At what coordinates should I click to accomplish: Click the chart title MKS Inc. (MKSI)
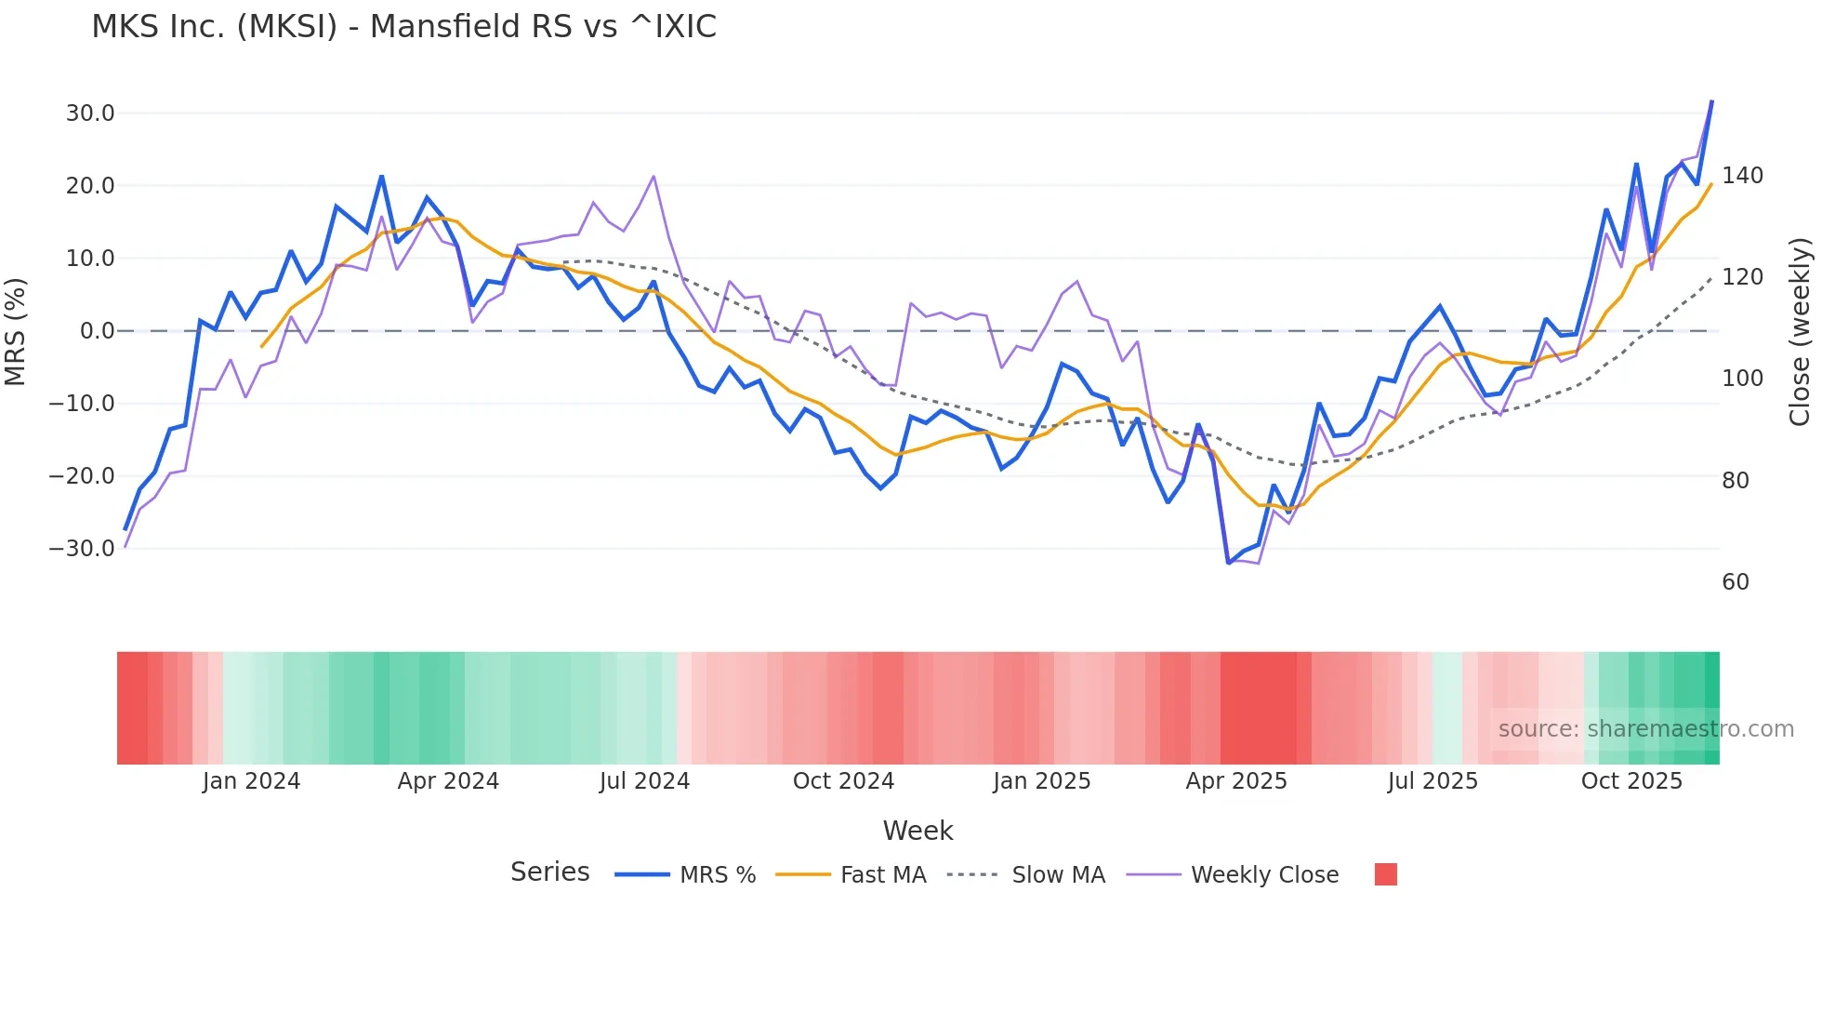point(403,27)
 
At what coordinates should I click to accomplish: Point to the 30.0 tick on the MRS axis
point(90,113)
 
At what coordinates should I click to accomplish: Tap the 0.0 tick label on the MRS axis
point(97,331)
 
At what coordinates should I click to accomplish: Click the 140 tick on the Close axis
point(1742,176)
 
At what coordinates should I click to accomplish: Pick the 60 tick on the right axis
point(1736,582)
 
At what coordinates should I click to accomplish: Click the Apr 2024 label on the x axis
point(448,781)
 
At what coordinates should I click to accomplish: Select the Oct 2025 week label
point(1631,781)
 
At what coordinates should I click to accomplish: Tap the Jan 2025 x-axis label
point(1041,781)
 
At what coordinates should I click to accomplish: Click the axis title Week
point(918,831)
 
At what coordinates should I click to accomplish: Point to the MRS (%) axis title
point(16,331)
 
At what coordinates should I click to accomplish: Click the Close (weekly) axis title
point(1801,331)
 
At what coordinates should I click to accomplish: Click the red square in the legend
point(1385,874)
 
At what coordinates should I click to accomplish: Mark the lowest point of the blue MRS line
point(1228,563)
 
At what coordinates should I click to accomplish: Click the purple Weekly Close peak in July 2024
point(654,177)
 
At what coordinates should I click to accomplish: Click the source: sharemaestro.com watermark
point(1645,729)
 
